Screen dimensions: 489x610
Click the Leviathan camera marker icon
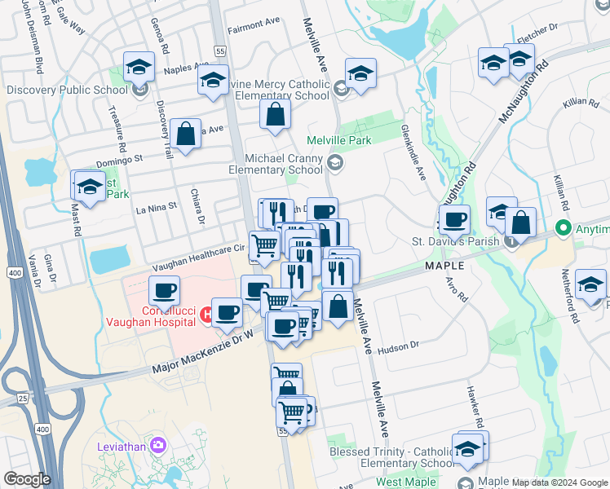pyautogui.click(x=157, y=445)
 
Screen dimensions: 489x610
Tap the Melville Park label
pyautogui.click(x=338, y=141)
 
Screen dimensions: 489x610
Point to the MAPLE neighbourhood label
pyautogui.click(x=444, y=267)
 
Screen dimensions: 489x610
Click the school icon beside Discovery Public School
pyautogui.click(x=139, y=87)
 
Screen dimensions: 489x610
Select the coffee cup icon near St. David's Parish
pyautogui.click(x=454, y=219)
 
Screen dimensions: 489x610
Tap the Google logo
pyautogui.click(x=26, y=479)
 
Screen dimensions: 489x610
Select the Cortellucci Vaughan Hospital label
pyautogui.click(x=170, y=316)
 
